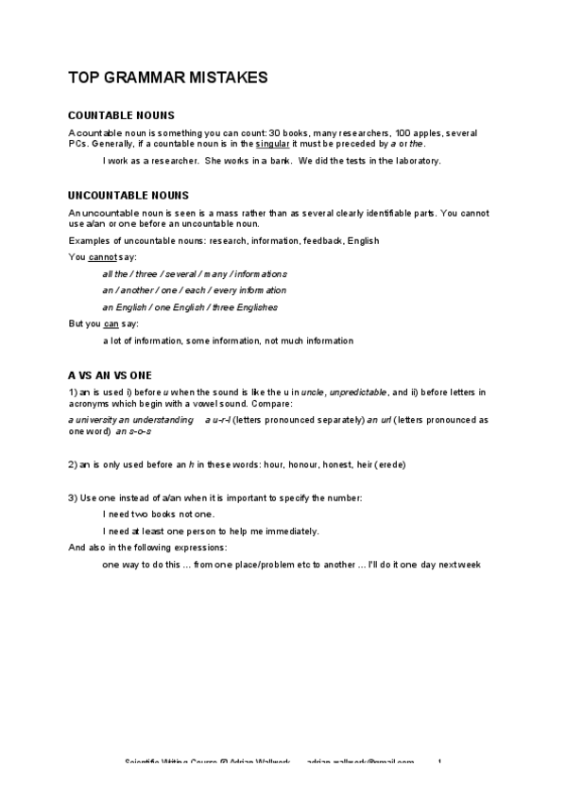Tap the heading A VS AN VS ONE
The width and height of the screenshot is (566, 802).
click(x=110, y=375)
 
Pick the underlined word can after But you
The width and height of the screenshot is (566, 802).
click(x=111, y=324)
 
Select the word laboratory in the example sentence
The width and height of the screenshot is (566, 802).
click(x=414, y=161)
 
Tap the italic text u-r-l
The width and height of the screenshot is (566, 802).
click(x=217, y=419)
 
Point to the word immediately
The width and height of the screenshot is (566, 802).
click(x=286, y=531)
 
